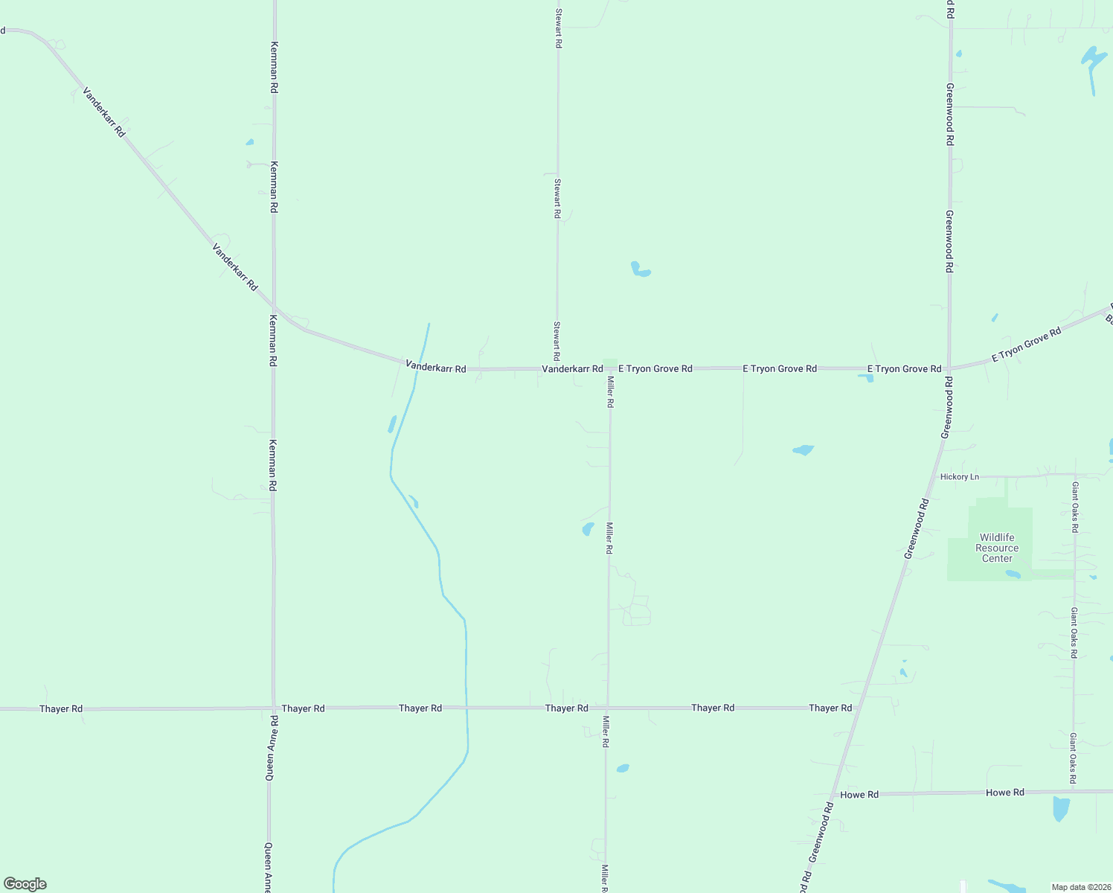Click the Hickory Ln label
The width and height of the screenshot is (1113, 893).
click(x=959, y=477)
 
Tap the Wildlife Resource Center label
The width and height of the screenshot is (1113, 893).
click(x=997, y=548)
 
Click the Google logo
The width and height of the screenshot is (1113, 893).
click(x=25, y=884)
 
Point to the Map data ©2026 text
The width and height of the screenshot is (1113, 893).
click(x=1080, y=887)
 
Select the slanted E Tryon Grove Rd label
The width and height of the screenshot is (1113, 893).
click(x=1026, y=345)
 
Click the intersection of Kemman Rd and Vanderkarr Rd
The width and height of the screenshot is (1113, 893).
click(x=274, y=306)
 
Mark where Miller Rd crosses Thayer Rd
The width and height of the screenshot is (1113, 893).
click(x=608, y=708)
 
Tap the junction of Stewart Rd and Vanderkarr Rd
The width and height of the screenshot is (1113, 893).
click(x=557, y=368)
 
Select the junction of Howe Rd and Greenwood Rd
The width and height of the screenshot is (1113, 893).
click(x=832, y=795)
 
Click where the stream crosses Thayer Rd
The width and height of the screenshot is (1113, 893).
click(x=466, y=708)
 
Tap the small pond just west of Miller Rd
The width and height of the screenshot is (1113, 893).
click(x=588, y=529)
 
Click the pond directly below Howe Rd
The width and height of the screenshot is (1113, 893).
click(x=1061, y=808)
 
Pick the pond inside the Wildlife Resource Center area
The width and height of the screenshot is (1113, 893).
click(x=1013, y=574)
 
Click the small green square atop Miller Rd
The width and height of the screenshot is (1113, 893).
click(x=610, y=363)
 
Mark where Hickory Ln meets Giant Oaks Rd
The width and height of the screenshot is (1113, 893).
click(x=1075, y=475)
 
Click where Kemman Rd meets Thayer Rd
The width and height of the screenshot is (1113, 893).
click(x=273, y=708)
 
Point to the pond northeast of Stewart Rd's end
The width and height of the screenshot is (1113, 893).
click(x=640, y=269)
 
